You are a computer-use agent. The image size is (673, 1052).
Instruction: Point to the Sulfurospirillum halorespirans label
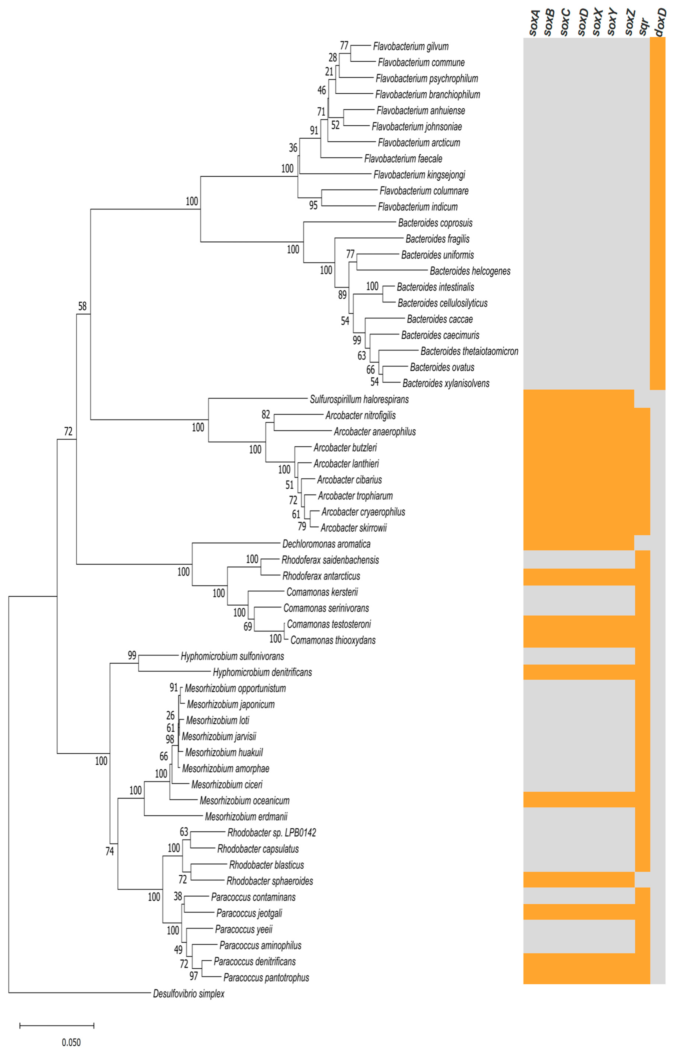(x=359, y=399)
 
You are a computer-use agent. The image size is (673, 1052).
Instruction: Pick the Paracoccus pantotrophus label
(x=266, y=978)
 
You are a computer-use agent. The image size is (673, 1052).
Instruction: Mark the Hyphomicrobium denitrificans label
(x=262, y=672)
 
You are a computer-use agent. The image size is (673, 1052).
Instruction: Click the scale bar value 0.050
(x=71, y=1042)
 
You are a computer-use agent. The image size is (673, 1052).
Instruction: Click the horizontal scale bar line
(x=57, y=1025)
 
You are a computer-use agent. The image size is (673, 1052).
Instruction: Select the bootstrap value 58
(x=82, y=306)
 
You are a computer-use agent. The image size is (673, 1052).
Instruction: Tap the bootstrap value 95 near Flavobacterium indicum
(x=313, y=205)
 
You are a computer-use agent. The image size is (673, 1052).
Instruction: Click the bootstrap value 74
(x=110, y=851)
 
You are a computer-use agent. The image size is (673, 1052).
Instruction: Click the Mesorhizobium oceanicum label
(x=244, y=801)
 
